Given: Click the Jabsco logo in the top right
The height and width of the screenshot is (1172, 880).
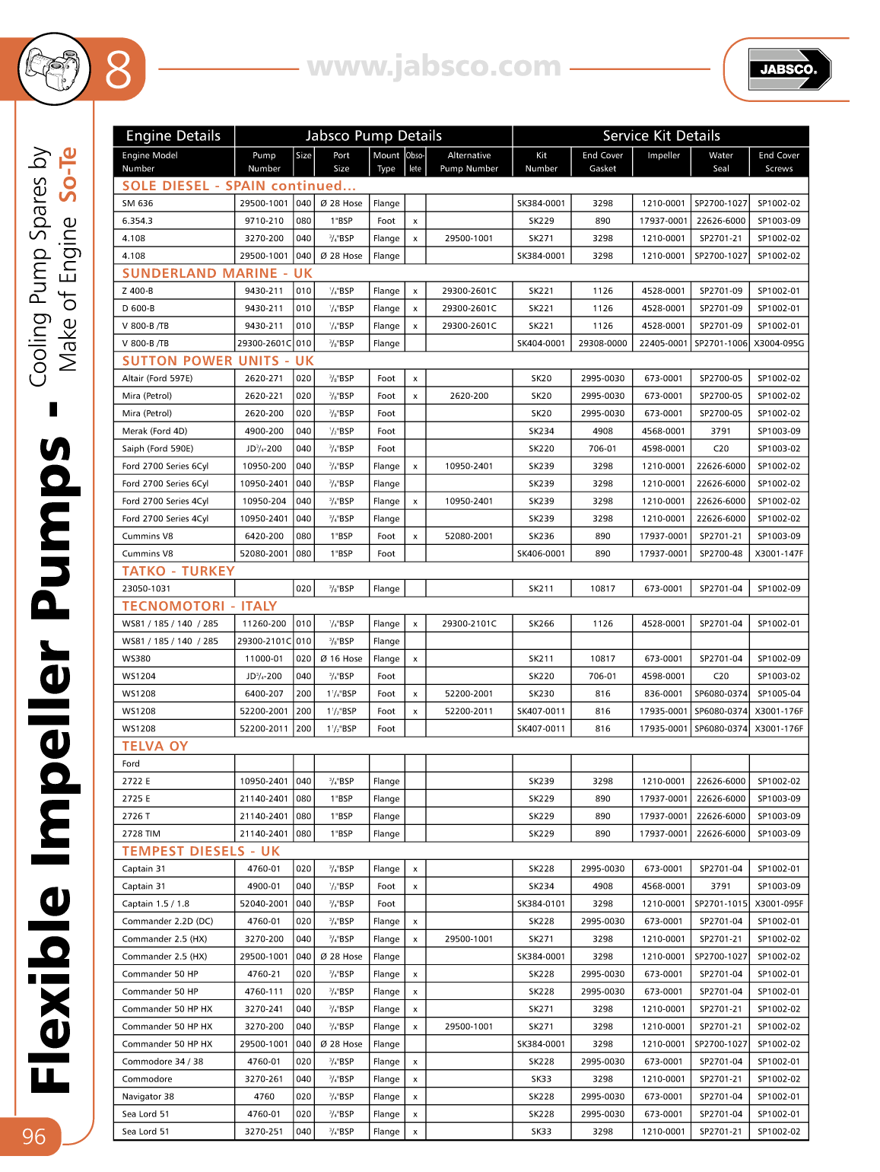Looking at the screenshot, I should click(789, 69).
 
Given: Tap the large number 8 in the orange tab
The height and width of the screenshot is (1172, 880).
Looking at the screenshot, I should click(119, 70).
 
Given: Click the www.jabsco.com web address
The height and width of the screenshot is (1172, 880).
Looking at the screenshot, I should click(434, 67).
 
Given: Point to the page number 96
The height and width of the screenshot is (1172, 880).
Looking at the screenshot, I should click(33, 1137).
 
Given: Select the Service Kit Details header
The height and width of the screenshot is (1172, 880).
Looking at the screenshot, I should click(661, 136).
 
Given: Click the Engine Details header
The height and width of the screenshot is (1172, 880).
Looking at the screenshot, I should click(173, 136).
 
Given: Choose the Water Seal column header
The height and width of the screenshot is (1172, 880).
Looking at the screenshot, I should click(720, 162).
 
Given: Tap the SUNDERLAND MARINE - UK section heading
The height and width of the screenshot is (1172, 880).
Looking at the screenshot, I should click(217, 273).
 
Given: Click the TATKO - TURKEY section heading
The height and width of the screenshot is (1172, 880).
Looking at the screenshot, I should click(178, 571).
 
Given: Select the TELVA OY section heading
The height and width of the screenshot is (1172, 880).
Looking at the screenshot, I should click(154, 746).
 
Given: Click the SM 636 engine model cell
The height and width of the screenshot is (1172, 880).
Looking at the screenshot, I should click(138, 204).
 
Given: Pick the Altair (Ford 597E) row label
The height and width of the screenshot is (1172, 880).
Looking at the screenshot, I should click(157, 378).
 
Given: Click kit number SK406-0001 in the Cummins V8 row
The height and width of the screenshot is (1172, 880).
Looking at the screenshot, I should click(541, 554).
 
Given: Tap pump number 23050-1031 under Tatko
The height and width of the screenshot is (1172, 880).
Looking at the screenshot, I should click(147, 589).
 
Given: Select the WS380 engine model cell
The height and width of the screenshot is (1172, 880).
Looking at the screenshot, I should click(137, 659).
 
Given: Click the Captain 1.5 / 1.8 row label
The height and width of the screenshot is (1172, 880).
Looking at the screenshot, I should click(156, 904).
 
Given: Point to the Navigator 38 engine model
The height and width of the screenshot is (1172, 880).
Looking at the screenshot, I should click(148, 1097).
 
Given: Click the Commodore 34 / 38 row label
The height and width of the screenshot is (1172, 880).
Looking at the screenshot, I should click(163, 1062).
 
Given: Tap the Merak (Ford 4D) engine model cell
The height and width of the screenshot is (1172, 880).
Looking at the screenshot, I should click(154, 432).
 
